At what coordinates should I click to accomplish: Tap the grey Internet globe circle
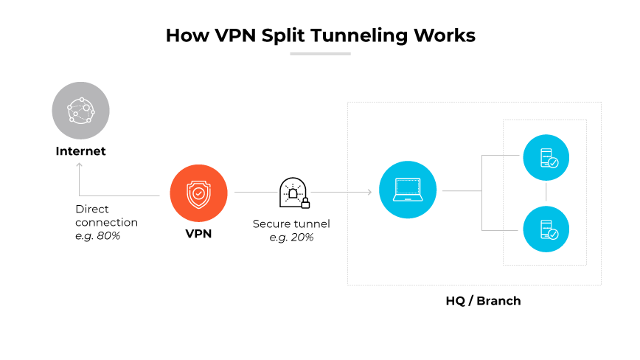click(80, 111)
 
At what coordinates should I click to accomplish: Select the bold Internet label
click(80, 151)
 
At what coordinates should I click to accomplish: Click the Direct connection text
click(106, 215)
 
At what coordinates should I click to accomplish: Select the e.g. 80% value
click(97, 235)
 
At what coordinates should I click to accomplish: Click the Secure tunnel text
click(291, 224)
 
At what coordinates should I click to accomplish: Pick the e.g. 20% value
click(291, 237)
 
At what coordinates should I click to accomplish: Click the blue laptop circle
click(408, 190)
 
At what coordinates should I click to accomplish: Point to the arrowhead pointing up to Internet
click(80, 165)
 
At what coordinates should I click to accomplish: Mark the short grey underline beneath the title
click(320, 54)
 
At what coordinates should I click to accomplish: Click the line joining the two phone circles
click(546, 193)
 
